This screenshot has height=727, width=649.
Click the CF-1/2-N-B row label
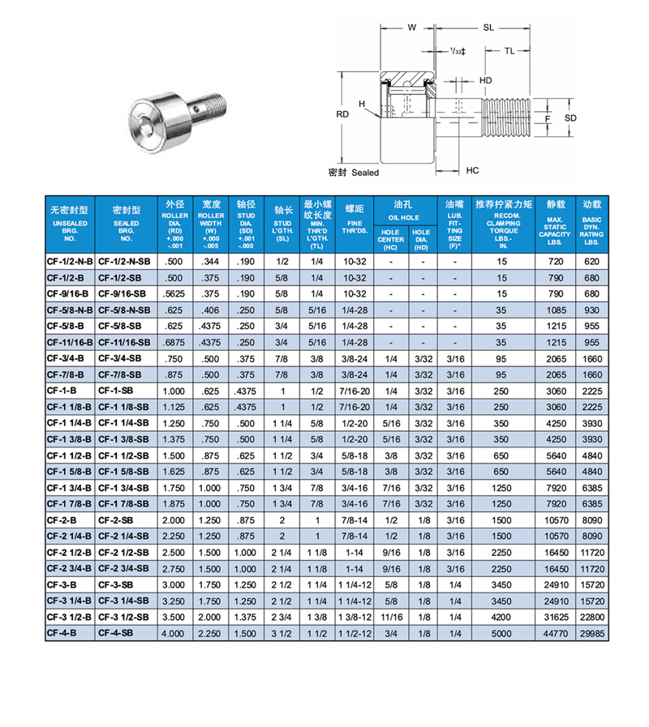click(71, 262)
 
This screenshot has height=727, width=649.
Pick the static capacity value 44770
click(555, 635)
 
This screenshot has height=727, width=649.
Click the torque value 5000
click(502, 635)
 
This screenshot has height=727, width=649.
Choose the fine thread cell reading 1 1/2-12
click(355, 635)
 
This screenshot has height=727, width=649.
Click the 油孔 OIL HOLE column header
click(404, 210)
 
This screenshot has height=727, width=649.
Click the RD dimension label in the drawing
click(342, 115)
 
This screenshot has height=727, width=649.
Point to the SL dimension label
click(488, 28)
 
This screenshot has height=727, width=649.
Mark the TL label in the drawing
click(509, 51)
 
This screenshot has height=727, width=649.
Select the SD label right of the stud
click(570, 118)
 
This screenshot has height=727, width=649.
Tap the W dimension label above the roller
click(411, 28)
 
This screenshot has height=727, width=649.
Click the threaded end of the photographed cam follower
click(212, 103)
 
